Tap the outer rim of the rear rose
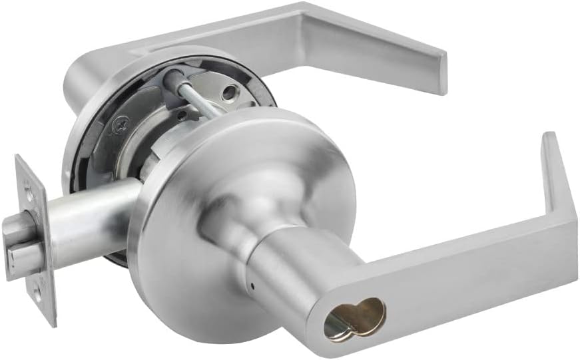[x=73, y=166]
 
